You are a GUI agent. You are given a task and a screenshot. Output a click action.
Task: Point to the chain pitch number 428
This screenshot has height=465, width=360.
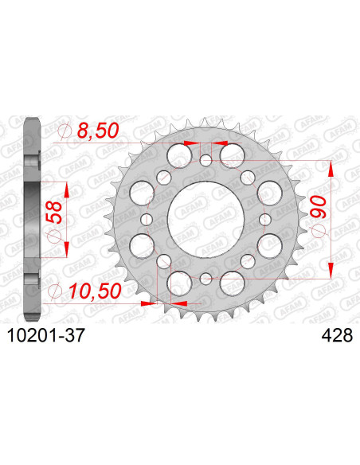[325, 338]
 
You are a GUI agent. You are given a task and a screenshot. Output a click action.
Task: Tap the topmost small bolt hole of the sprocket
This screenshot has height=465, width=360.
[205, 161]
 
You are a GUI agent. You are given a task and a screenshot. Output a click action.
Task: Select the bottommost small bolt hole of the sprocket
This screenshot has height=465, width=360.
[205, 277]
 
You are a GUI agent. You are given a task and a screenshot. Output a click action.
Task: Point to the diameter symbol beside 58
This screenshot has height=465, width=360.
[54, 235]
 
